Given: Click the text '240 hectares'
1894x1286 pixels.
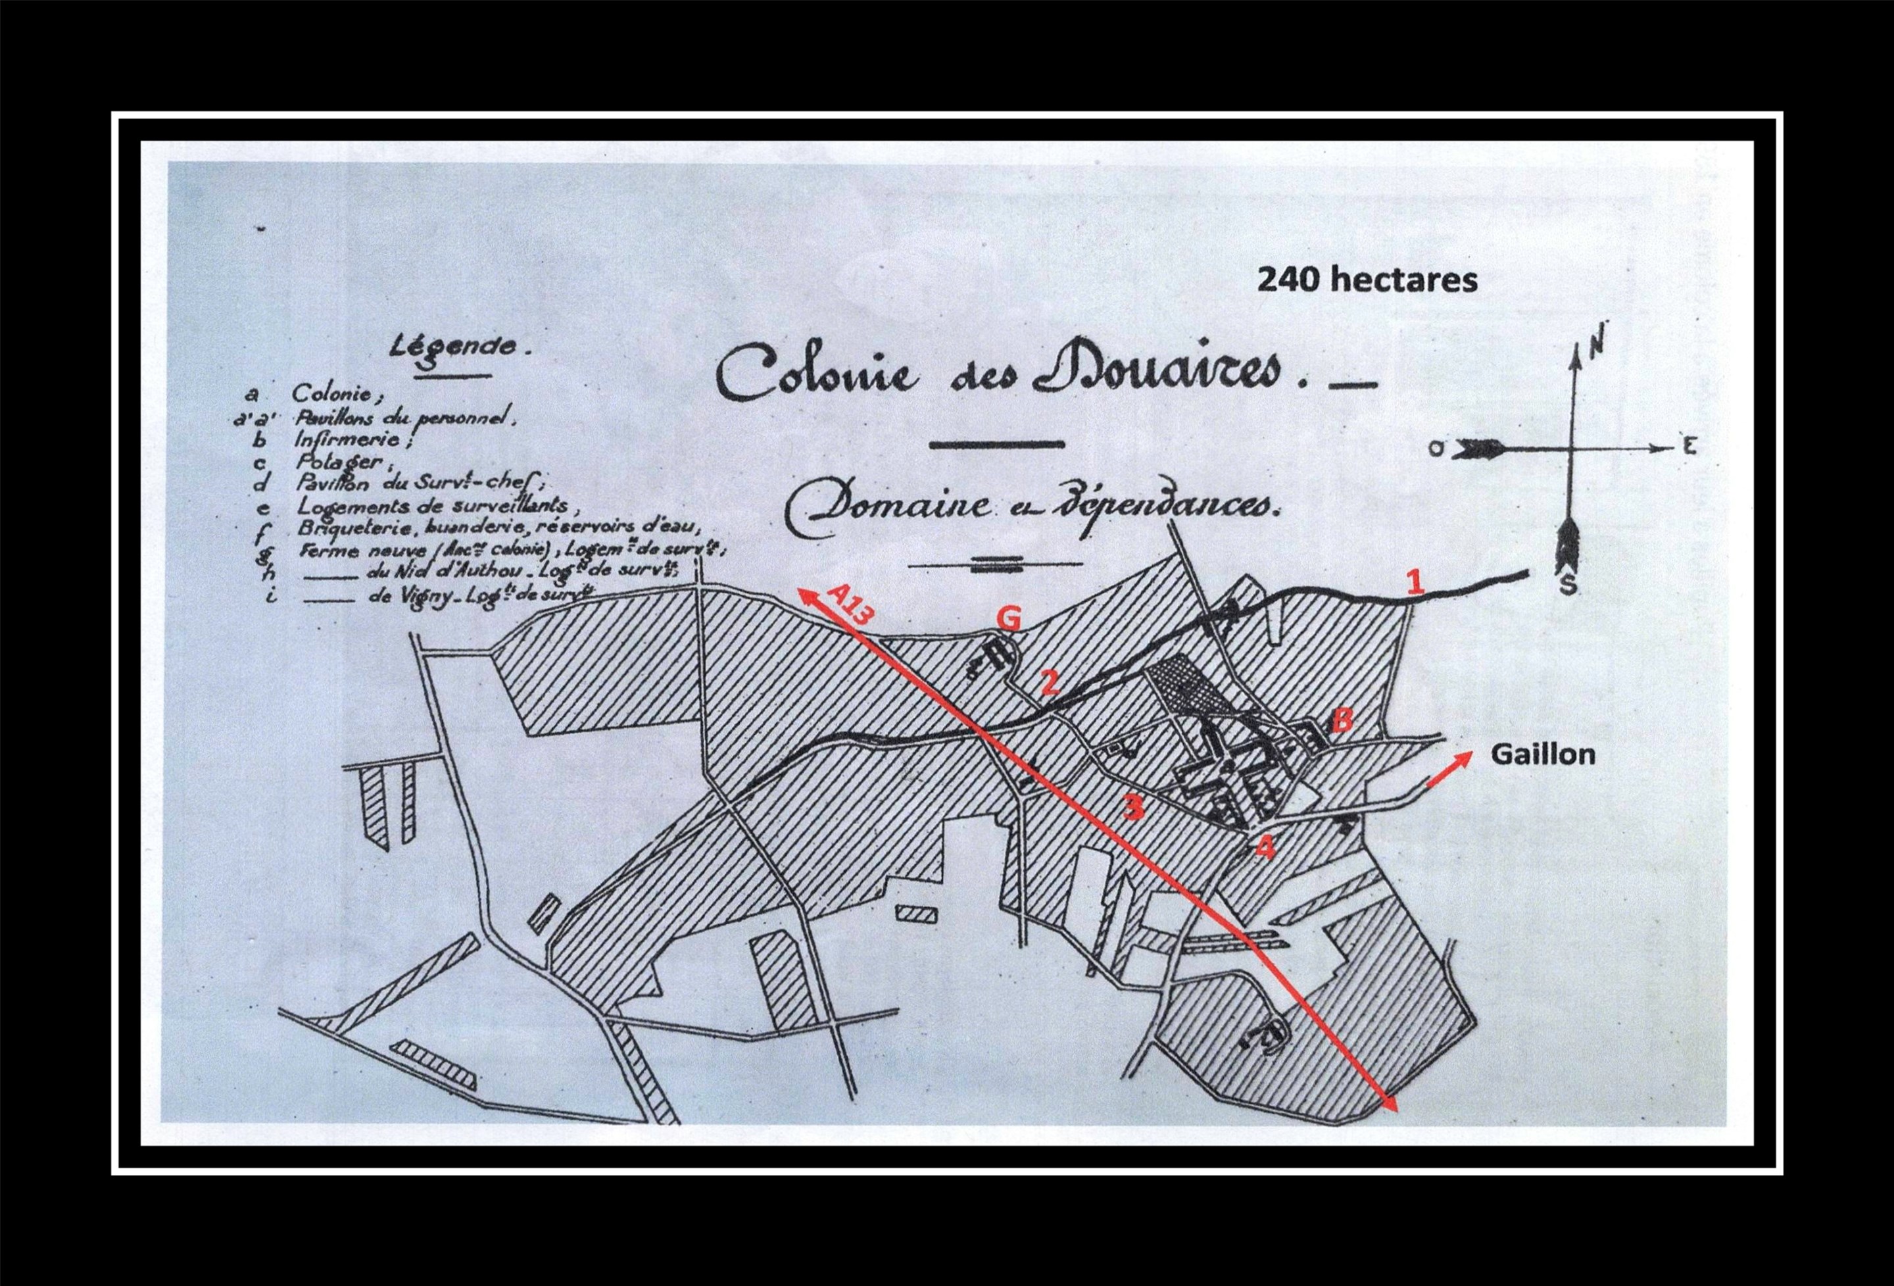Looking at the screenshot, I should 1367,280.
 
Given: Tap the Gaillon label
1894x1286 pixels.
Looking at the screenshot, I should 1543,754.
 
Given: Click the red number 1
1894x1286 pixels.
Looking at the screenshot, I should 1417,582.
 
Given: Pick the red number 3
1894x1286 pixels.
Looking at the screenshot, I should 1134,807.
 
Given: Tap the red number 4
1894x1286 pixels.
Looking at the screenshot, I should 1263,847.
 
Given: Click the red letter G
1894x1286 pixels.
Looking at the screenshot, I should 1009,620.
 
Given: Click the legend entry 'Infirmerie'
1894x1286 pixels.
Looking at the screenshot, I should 358,439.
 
